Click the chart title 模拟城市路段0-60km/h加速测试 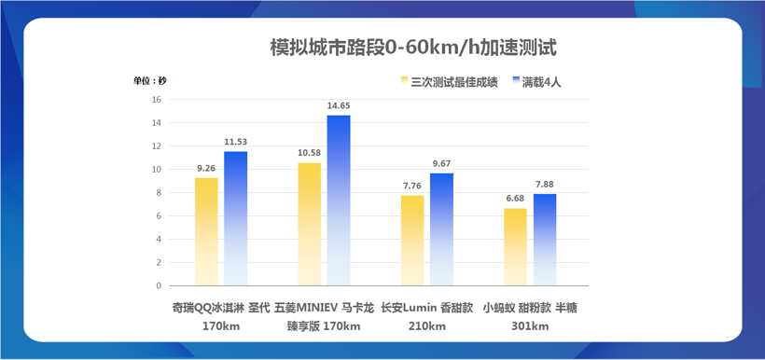point(412,47)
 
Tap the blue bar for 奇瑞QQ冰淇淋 point(236,218)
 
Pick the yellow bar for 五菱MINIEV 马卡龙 point(310,224)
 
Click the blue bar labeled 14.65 point(338,201)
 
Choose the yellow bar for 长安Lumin point(412,241)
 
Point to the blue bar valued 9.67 point(441,229)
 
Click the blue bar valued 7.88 point(545,240)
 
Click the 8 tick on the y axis point(159,193)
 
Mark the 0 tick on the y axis point(159,286)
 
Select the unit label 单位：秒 point(150,80)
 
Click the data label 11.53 point(236,141)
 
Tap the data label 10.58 point(310,152)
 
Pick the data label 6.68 point(515,198)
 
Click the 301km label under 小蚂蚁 point(530,326)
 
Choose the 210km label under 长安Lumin point(426,326)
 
